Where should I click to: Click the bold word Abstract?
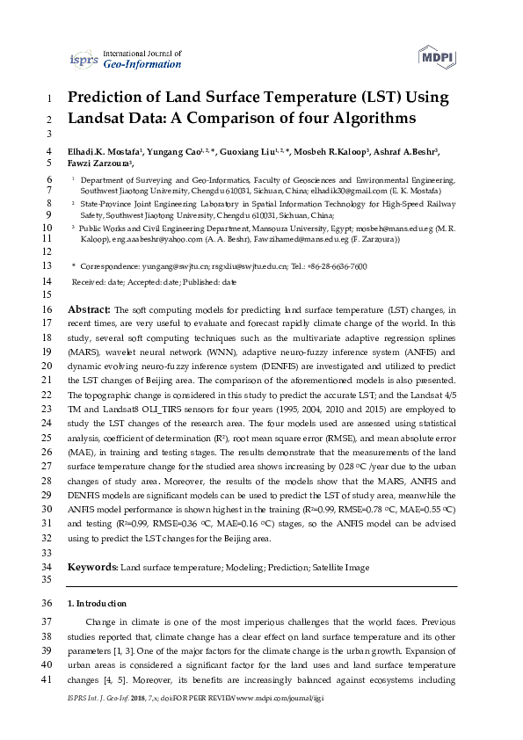[89, 310]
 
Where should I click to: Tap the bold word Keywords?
[91, 568]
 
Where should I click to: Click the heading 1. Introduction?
[97, 604]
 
